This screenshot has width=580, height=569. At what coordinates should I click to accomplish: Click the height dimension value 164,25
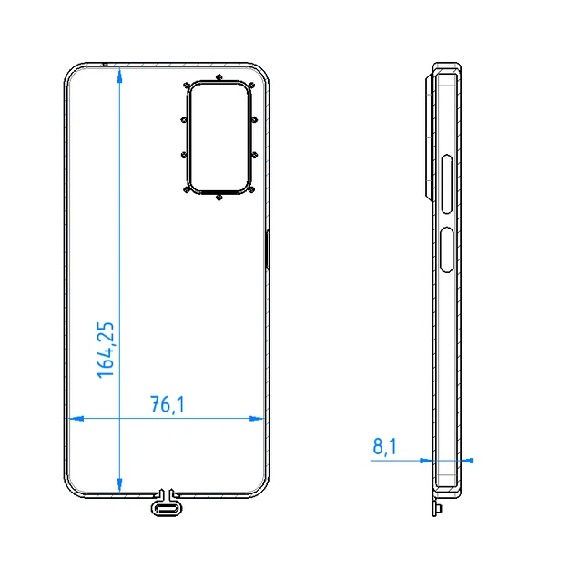coord(106,350)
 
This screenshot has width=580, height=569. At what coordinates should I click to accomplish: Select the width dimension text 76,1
coord(167,405)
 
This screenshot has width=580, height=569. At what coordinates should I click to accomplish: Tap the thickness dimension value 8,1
coord(384,446)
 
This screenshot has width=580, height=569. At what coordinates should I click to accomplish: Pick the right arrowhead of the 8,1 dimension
coord(469,461)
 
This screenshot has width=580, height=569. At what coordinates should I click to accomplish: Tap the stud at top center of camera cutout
coord(219,77)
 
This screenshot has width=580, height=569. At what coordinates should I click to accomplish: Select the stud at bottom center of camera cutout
coord(219,197)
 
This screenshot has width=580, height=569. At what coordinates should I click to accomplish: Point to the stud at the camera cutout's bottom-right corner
coord(252,189)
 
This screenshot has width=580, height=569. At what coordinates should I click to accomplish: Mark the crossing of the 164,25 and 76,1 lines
coord(119,419)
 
